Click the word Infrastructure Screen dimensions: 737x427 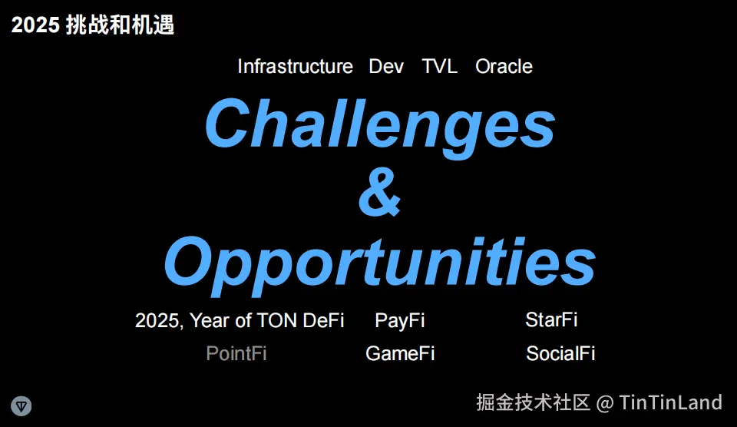click(x=295, y=66)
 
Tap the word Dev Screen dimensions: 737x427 click(x=386, y=66)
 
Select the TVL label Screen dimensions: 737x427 click(x=439, y=66)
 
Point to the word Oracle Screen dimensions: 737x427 click(x=504, y=66)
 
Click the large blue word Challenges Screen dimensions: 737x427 click(x=380, y=127)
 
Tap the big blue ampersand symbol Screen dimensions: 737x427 click(x=380, y=192)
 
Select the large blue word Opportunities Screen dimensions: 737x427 click(x=380, y=265)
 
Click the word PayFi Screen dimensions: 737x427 click(x=399, y=321)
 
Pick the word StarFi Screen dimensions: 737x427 click(x=551, y=319)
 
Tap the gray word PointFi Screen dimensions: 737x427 click(x=236, y=353)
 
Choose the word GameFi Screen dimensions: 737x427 click(x=400, y=353)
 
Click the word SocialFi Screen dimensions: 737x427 click(x=560, y=353)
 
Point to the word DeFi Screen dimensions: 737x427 click(x=323, y=320)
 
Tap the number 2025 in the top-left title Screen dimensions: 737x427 click(x=36, y=25)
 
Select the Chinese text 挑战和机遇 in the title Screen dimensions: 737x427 click(x=120, y=25)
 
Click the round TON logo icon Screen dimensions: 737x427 click(x=21, y=405)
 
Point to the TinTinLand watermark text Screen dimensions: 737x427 click(x=670, y=402)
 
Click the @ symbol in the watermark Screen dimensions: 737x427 click(x=604, y=403)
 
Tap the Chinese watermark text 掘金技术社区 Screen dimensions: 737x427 click(x=533, y=402)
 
